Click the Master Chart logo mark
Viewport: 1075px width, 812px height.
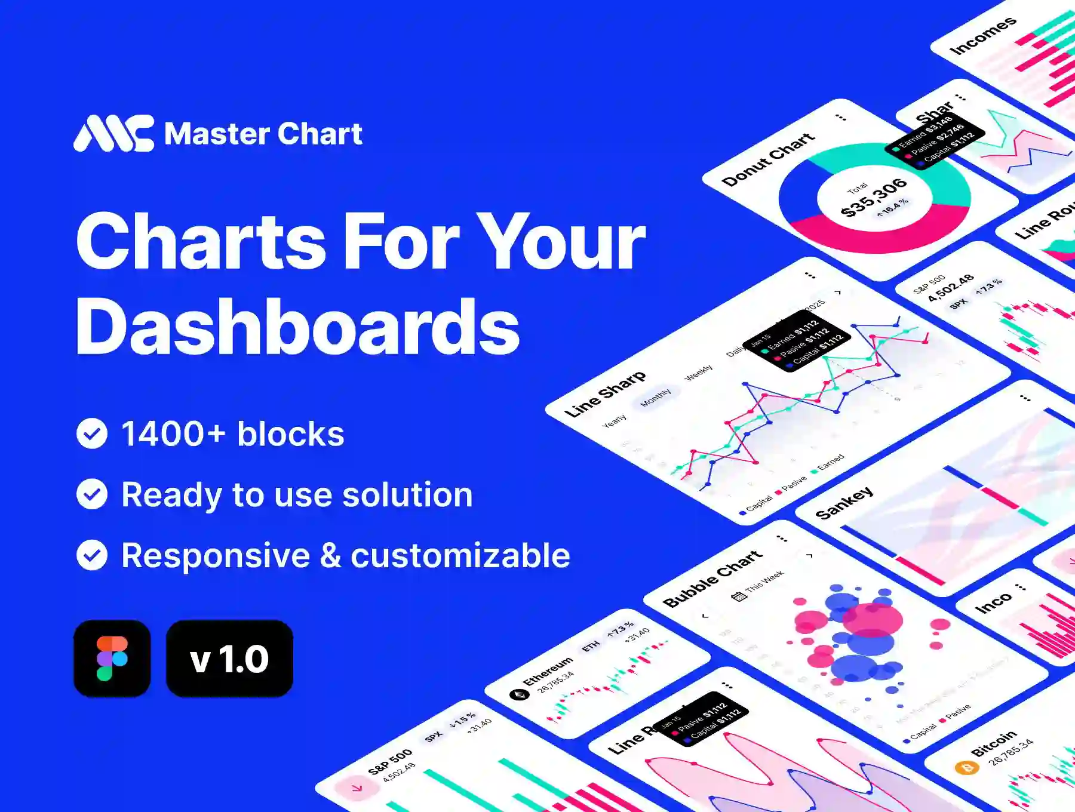(x=113, y=133)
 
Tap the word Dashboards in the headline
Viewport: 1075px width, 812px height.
(x=297, y=327)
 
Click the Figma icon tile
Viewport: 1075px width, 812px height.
(x=112, y=658)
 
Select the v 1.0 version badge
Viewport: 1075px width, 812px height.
(x=229, y=658)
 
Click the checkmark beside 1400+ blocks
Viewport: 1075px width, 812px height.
(x=92, y=433)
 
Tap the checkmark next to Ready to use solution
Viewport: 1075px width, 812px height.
(x=92, y=494)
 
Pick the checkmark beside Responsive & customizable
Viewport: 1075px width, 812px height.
(x=92, y=555)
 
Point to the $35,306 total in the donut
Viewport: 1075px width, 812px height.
(x=873, y=197)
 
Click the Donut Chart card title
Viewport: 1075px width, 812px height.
(x=768, y=159)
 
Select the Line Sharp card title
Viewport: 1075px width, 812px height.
(x=605, y=393)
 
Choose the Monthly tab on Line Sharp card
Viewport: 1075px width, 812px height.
(x=656, y=397)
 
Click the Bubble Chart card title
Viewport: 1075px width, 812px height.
(x=712, y=578)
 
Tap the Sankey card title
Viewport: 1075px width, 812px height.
(x=844, y=503)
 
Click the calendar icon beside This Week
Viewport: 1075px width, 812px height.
(x=739, y=595)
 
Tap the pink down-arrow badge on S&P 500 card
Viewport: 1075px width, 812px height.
(x=357, y=788)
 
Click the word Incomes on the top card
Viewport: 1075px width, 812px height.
(x=982, y=35)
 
